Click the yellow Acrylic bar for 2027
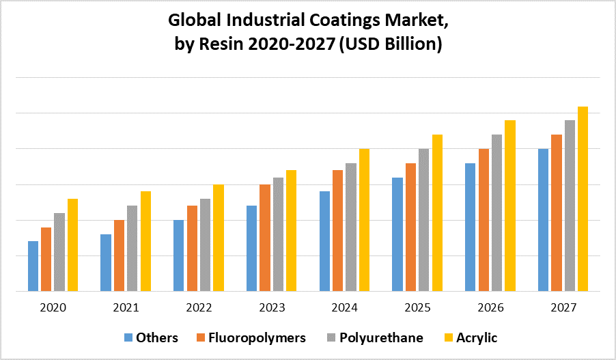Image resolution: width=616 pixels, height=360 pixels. point(583,198)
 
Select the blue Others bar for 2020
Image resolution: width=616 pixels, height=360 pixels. point(33,266)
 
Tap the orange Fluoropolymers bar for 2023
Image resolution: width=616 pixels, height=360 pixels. point(264,238)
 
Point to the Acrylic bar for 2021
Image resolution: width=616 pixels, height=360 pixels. point(145,241)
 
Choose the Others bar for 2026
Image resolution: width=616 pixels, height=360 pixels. point(470,227)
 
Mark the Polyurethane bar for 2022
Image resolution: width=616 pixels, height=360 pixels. point(205,245)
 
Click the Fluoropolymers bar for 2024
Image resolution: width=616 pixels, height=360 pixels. point(337,230)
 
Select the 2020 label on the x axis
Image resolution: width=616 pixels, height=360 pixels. point(53,308)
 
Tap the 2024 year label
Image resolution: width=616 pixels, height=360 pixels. point(344,308)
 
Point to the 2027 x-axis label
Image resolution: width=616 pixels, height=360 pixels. point(563,308)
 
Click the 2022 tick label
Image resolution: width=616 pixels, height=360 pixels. point(199,308)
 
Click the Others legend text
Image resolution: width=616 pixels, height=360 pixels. point(157,337)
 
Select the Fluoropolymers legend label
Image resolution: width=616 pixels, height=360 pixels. point(257,337)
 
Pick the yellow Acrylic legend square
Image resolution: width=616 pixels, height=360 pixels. point(449,337)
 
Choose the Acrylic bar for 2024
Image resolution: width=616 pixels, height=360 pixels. point(364,219)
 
